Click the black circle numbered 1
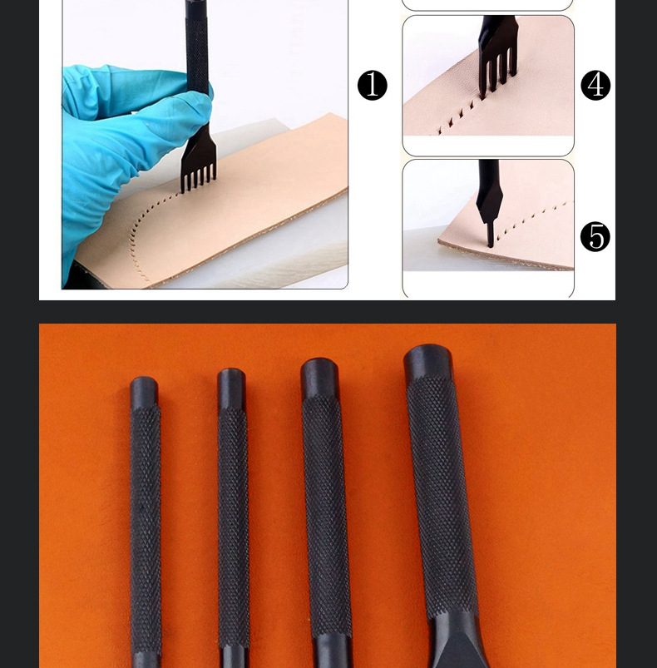coord(372,85)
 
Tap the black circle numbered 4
coord(595,85)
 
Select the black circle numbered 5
coord(595,236)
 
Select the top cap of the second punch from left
coord(231,388)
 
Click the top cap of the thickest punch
coord(428,362)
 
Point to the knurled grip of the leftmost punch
coord(146,528)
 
